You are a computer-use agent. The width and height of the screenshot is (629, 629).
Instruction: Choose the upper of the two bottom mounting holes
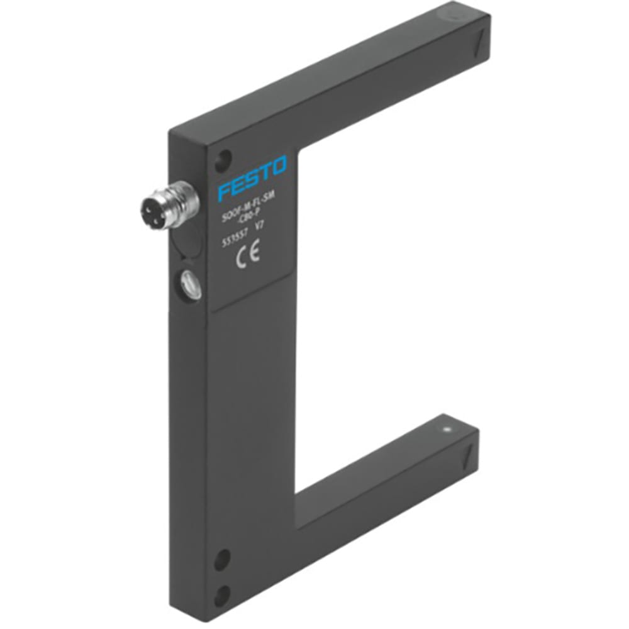222,559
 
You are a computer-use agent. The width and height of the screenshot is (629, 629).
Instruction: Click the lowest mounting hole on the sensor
222,594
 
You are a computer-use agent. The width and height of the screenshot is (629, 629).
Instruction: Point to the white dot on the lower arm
447,430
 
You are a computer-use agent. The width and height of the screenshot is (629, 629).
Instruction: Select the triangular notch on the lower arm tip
469,454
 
